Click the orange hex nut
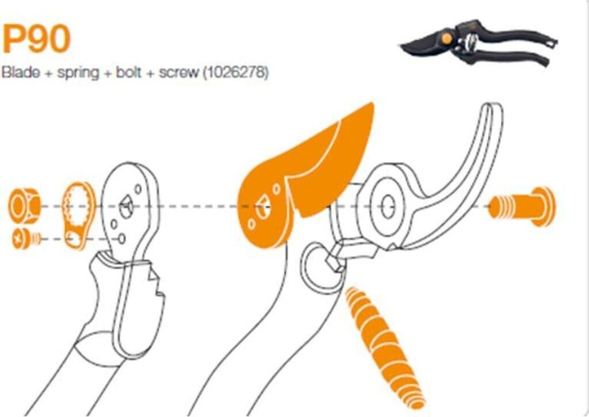[24, 205]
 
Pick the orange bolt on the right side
[521, 206]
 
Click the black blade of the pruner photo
[423, 44]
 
